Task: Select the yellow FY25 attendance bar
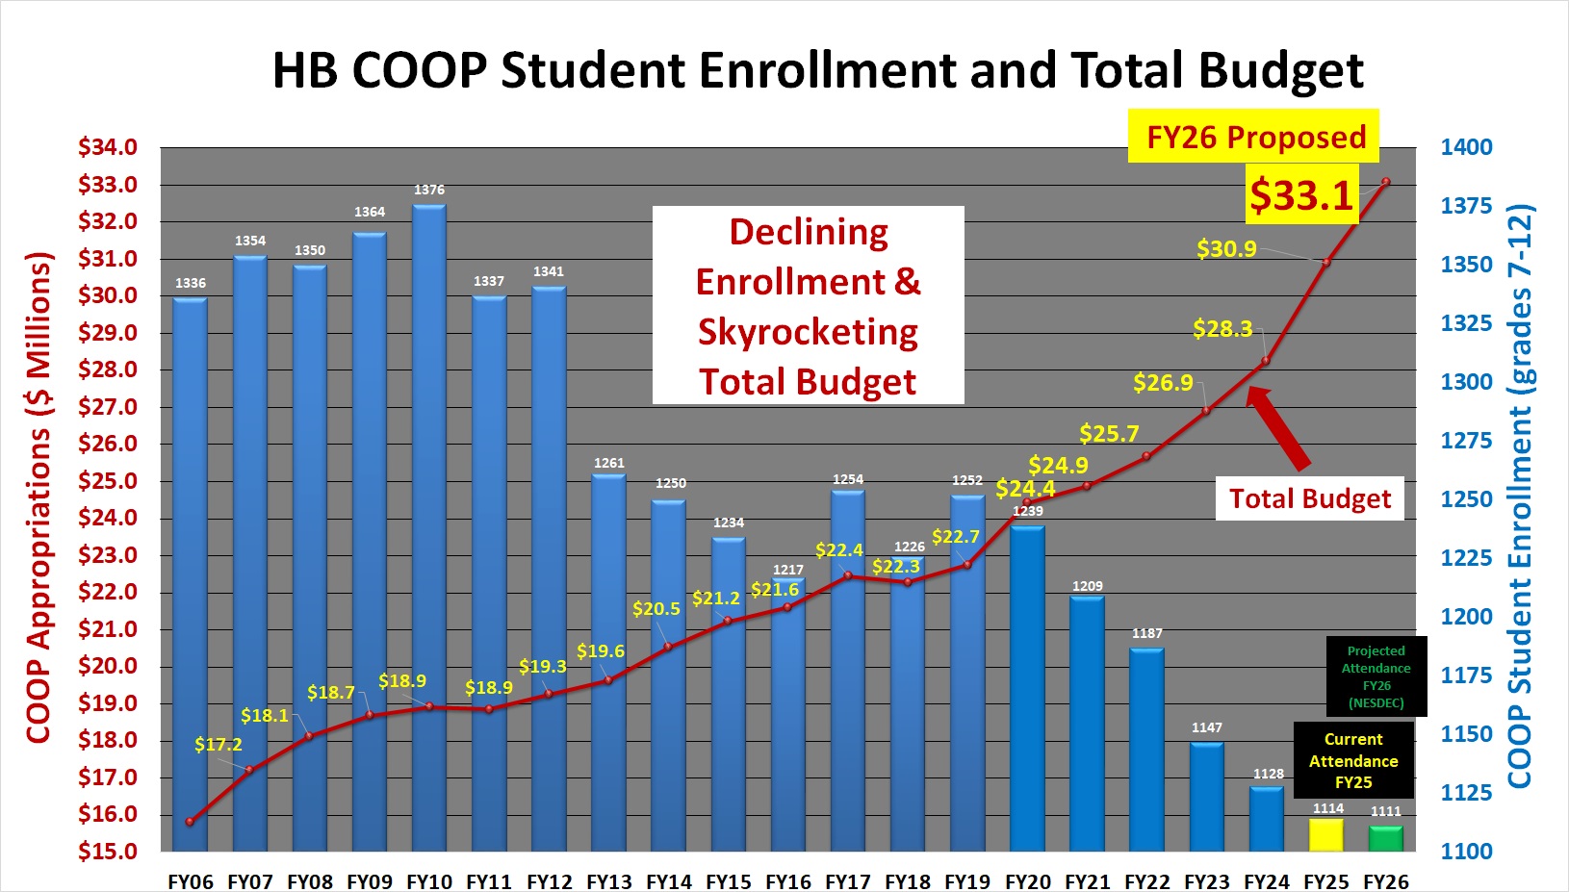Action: click(1326, 834)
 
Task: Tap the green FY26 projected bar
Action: click(1386, 838)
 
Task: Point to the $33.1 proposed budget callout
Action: click(1301, 195)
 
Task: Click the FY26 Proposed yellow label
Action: click(1255, 137)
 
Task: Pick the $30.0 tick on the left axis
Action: click(108, 295)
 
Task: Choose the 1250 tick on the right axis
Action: click(1466, 499)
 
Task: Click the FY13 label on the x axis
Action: click(609, 881)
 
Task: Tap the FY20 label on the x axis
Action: click(1028, 881)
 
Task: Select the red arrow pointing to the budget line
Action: click(1279, 428)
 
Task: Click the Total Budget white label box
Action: click(1309, 498)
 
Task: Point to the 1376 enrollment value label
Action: click(429, 190)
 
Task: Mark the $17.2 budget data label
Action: click(219, 745)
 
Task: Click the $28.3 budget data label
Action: click(1222, 329)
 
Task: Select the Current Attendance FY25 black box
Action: click(1353, 761)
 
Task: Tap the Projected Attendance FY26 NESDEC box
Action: click(1376, 676)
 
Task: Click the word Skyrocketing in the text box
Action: click(808, 332)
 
